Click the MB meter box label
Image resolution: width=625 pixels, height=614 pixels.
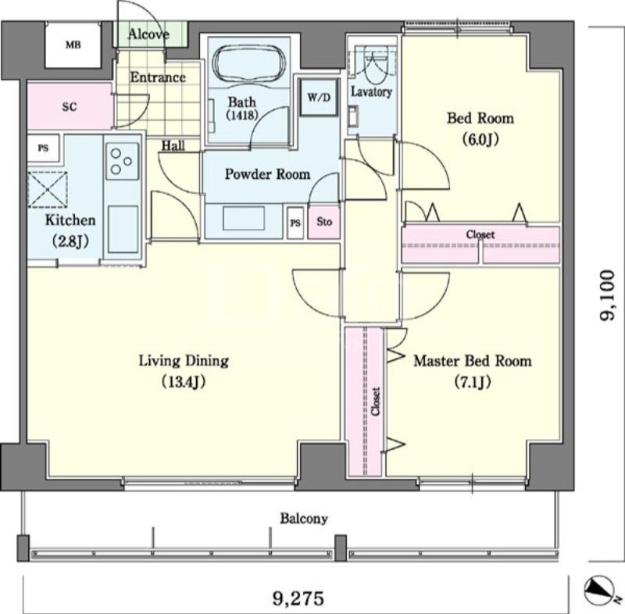pos(73,45)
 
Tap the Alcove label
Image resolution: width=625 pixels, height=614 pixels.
pos(148,34)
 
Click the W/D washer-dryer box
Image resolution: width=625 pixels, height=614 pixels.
pos(319,97)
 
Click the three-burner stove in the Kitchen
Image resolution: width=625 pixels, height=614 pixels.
pos(122,162)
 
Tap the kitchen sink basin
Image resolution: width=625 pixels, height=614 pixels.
pos(122,228)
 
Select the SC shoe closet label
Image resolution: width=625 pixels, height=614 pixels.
pos(70,107)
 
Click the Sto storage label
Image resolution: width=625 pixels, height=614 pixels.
pos(324,222)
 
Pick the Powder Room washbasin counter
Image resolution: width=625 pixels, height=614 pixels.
pos(244,219)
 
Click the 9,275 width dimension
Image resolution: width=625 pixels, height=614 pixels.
pos(298,598)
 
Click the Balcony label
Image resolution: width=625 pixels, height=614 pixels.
pos(304,519)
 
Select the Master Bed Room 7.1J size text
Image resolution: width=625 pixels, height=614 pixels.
pos(473,382)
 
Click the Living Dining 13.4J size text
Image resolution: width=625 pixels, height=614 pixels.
pos(184,382)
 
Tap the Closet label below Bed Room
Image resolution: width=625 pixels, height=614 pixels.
pos(480,234)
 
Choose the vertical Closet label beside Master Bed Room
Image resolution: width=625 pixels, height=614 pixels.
pos(376,402)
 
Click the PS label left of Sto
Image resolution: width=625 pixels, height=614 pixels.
pos(295,223)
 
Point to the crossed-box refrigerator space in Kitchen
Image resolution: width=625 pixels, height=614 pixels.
pos(48,190)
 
